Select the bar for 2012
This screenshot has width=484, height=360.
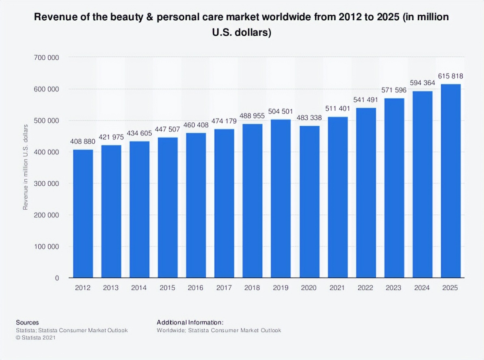pyautogui.click(x=83, y=214)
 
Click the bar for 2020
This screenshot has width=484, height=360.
pyautogui.click(x=309, y=202)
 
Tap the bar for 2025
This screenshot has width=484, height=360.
pyautogui.click(x=451, y=181)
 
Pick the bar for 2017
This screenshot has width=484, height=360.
pyautogui.click(x=225, y=203)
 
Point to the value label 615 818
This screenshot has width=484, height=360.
pyautogui.click(x=451, y=76)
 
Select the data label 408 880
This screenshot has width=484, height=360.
pyautogui.click(x=83, y=142)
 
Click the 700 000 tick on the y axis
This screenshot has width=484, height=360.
pyautogui.click(x=46, y=58)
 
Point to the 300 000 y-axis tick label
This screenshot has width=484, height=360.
pyautogui.click(x=46, y=184)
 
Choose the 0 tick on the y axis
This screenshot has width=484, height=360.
pyautogui.click(x=57, y=278)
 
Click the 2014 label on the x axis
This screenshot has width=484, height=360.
pyautogui.click(x=139, y=288)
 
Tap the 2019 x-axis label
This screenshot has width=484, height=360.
pyautogui.click(x=281, y=288)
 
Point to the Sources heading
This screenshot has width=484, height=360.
pyautogui.click(x=28, y=322)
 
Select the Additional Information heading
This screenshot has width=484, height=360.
pyautogui.click(x=190, y=322)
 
